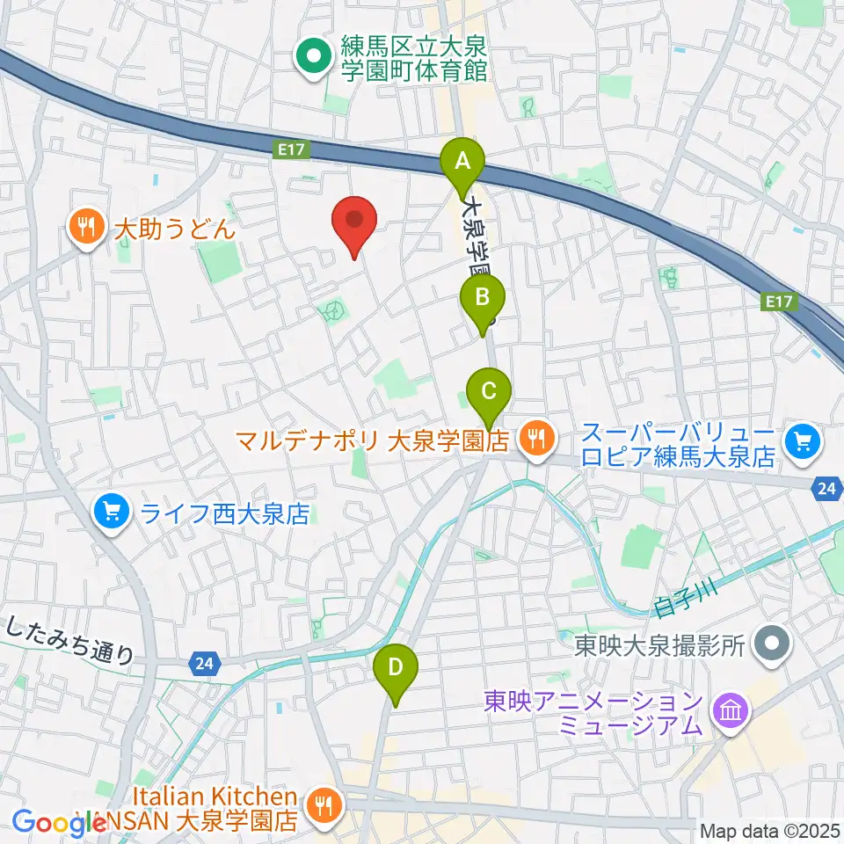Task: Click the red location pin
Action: pos(354,222)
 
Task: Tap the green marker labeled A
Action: pos(462,164)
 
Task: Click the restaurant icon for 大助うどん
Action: pos(85,229)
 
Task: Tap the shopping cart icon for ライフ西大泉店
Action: pos(112,513)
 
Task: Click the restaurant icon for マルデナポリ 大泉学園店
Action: pos(535,437)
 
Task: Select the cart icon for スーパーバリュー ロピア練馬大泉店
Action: pos(802,437)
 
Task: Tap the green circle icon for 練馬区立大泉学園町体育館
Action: pos(312,58)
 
